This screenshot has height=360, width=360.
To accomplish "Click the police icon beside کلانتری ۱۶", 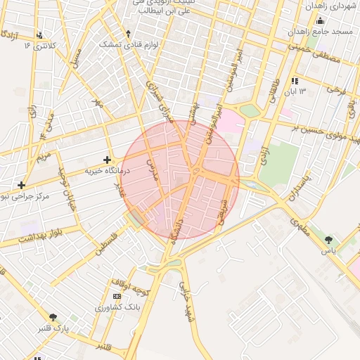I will tap(39, 35).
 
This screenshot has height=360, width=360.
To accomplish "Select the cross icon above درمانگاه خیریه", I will tap(107, 160).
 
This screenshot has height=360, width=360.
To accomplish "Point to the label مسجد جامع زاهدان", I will tap(323, 33).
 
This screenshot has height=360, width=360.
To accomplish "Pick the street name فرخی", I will tap(337, 91).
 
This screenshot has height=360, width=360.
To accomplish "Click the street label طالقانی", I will tap(271, 92).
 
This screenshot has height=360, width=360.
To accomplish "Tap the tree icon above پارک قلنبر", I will tap(52, 318).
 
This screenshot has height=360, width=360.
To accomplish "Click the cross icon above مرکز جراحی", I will tap(22, 184).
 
